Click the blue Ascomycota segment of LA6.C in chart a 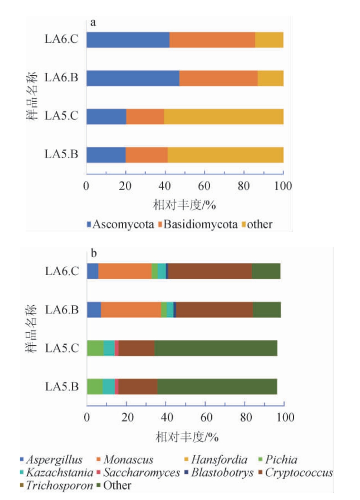pyautogui.click(x=128, y=40)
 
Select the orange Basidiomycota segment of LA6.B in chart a pyautogui.click(x=218, y=78)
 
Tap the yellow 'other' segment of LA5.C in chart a pyautogui.click(x=223, y=116)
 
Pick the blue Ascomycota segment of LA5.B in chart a pyautogui.click(x=106, y=155)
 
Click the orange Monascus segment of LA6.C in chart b pyautogui.click(x=125, y=271)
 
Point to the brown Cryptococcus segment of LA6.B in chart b pyautogui.click(x=215, y=310)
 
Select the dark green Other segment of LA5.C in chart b pyautogui.click(x=216, y=348)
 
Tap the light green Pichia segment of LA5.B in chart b pyautogui.click(x=95, y=386)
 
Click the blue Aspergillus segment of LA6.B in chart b pyautogui.click(x=94, y=310)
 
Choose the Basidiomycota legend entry pyautogui.click(x=198, y=224)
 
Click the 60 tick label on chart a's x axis pyautogui.click(x=204, y=186)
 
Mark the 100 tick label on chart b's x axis pyautogui.click(x=285, y=417)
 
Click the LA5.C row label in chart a pyautogui.click(x=61, y=116)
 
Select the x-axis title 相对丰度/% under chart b pyautogui.click(x=187, y=437)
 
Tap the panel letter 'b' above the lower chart pyautogui.click(x=94, y=253)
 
